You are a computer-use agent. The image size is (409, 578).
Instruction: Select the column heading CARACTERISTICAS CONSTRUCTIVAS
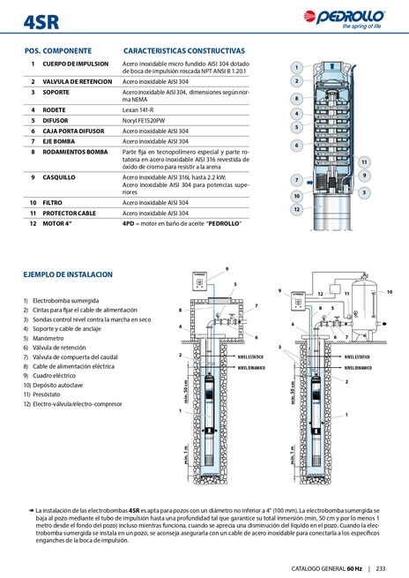tap(184, 51)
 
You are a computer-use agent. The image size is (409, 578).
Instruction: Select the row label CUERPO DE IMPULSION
tap(76, 64)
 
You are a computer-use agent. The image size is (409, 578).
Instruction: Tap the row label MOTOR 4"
tap(60, 222)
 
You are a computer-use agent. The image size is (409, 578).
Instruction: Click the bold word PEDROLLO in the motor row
tap(221, 222)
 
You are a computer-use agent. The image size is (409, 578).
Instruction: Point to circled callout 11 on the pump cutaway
tap(364, 161)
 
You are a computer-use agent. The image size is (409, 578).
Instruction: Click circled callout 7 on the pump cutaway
tap(297, 180)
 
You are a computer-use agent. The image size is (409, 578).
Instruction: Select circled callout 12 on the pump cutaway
tap(297, 209)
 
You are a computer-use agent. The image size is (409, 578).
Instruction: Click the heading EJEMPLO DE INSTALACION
tap(68, 274)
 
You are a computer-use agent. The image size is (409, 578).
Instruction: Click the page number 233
tap(392, 568)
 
